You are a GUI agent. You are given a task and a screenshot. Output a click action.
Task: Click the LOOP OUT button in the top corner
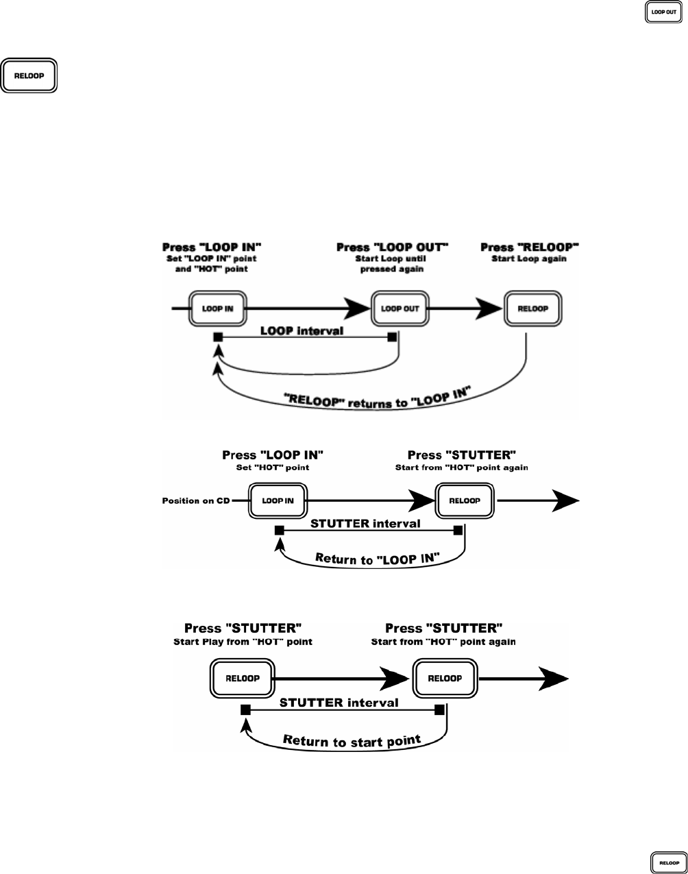coord(663,12)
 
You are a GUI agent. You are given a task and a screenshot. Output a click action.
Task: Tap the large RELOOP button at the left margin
coord(29,75)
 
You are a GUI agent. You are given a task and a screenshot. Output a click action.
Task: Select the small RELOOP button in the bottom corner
coord(669,862)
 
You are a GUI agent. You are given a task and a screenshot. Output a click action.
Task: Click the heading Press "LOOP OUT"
coord(392,247)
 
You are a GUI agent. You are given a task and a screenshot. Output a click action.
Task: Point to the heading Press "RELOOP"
coord(529,247)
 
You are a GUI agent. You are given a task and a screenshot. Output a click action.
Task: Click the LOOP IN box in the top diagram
coord(218,308)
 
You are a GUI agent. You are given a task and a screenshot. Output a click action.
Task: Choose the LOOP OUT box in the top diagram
coord(400,308)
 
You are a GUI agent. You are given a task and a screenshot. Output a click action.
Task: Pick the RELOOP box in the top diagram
coord(533,308)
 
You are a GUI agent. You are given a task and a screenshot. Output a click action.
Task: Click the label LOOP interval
coord(302,331)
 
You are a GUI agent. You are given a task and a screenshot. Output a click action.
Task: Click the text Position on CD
coord(196,501)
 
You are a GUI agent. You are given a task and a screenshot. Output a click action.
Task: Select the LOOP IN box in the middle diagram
coord(278,501)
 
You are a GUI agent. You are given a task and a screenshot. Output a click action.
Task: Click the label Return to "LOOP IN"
coord(378,559)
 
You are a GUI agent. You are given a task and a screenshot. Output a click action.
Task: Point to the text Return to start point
coord(352,741)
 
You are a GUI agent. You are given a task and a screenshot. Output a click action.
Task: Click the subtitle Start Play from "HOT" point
coord(243,642)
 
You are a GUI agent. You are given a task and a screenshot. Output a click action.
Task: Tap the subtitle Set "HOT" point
coord(273,468)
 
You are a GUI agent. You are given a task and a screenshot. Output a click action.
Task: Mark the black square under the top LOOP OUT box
coord(392,337)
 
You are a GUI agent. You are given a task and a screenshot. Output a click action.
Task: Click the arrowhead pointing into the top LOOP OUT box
coord(358,308)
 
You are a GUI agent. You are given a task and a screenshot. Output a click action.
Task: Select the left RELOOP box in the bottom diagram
coord(242,679)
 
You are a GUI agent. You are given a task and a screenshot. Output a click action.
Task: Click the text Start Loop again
coord(529,258)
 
